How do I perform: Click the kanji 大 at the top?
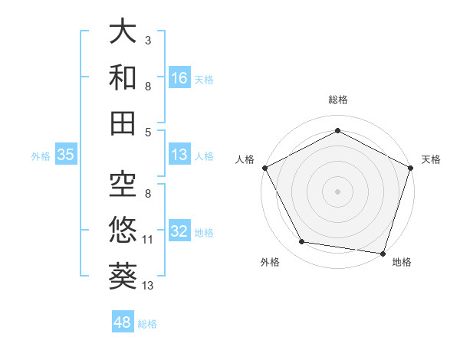click(123, 34)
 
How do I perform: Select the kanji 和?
click(123, 77)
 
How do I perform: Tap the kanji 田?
click(123, 122)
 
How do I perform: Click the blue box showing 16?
click(179, 77)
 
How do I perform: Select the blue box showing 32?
click(179, 232)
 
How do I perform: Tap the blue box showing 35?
click(65, 155)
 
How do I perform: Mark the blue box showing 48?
click(123, 322)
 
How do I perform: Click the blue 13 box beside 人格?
click(179, 155)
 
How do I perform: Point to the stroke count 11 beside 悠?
click(148, 240)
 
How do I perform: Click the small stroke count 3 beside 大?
click(148, 39)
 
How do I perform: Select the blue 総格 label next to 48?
click(148, 324)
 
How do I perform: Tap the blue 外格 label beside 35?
click(41, 155)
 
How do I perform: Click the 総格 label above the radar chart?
click(338, 100)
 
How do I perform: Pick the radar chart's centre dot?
click(337, 191)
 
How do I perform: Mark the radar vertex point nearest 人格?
click(264, 167)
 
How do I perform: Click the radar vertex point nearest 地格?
click(383, 253)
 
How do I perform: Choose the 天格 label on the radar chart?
click(432, 160)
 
